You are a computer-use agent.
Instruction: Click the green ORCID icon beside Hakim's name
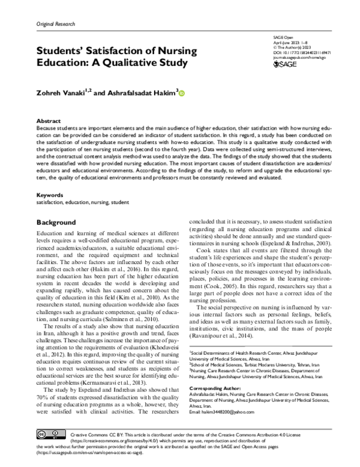[182, 93]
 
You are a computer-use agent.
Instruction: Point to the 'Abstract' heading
[49, 121]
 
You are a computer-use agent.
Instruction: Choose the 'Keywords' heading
[50, 196]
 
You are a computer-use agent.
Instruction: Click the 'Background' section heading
[56, 222]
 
